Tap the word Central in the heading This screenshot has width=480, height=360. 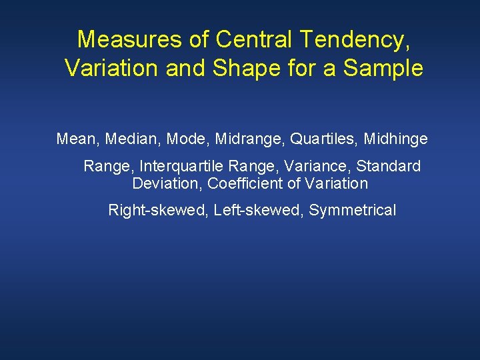[255, 40]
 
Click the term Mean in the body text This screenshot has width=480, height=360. [75, 139]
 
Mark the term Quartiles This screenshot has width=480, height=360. [321, 139]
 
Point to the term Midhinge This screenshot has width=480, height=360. [395, 139]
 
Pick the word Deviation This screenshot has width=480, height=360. [167, 183]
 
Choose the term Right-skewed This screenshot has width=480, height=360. [157, 211]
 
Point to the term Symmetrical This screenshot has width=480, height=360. [352, 211]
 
